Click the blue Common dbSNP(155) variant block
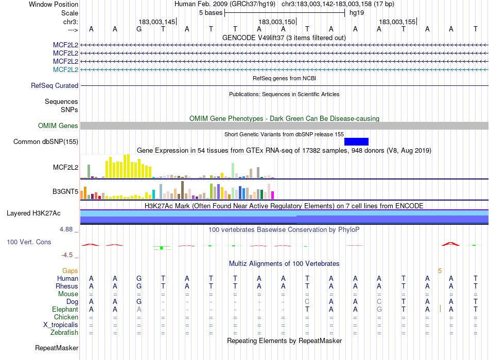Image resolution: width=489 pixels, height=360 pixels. pos(356,141)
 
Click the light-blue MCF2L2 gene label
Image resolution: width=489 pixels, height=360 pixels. pos(65,69)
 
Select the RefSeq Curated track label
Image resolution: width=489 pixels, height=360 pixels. pos(55,86)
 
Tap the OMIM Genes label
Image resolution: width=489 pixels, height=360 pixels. pos(58,125)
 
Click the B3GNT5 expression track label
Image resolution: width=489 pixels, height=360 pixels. pos(65,192)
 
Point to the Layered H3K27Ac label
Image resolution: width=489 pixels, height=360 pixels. pos(33,213)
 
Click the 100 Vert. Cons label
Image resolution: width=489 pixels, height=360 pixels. pos(29,242)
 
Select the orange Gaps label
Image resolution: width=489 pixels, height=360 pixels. pos(70,271)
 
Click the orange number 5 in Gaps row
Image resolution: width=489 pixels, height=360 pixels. pos(440,271)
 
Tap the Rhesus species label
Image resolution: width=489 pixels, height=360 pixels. pos(67,286)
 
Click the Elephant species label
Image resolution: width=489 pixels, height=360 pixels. pos(65,310)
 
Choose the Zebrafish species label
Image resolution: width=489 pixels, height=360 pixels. pos(64,333)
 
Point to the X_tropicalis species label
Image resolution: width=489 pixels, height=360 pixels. pos(61,325)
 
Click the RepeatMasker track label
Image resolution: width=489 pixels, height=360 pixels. pos(57,348)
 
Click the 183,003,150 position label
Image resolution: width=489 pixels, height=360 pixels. pos(277,22)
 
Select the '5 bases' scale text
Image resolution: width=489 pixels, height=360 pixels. pos(211,12)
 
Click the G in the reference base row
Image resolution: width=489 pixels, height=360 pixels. pos(139,29)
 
